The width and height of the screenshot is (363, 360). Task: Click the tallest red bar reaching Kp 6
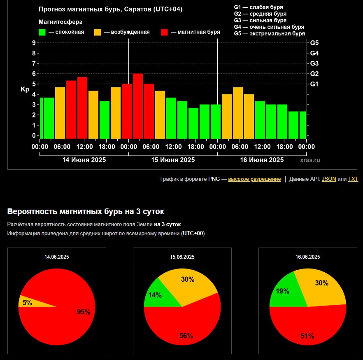(138, 106)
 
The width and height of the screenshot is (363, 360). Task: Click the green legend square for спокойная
(42, 32)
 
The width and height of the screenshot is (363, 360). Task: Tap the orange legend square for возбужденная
(98, 32)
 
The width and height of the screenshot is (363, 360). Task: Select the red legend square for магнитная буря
(164, 32)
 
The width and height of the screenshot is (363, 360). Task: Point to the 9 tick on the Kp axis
(34, 43)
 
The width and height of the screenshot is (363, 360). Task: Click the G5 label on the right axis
(314, 43)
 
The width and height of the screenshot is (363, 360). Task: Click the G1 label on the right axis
(314, 84)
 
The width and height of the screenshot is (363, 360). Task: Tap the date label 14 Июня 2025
(84, 160)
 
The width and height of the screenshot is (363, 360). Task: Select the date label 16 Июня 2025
(262, 160)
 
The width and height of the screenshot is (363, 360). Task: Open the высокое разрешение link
(254, 179)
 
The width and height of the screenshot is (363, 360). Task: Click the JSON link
(328, 179)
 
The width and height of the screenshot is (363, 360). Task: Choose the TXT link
(353, 179)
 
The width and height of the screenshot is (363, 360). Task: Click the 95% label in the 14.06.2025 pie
(84, 312)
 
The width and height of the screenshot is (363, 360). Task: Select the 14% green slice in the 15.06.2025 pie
(155, 295)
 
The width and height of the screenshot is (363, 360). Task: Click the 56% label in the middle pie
(186, 336)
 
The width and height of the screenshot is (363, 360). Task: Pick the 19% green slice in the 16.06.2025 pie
(283, 291)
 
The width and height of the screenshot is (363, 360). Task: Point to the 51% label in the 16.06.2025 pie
(307, 336)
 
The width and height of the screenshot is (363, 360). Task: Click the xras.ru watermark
(310, 160)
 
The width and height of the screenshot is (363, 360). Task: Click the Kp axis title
(24, 89)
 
